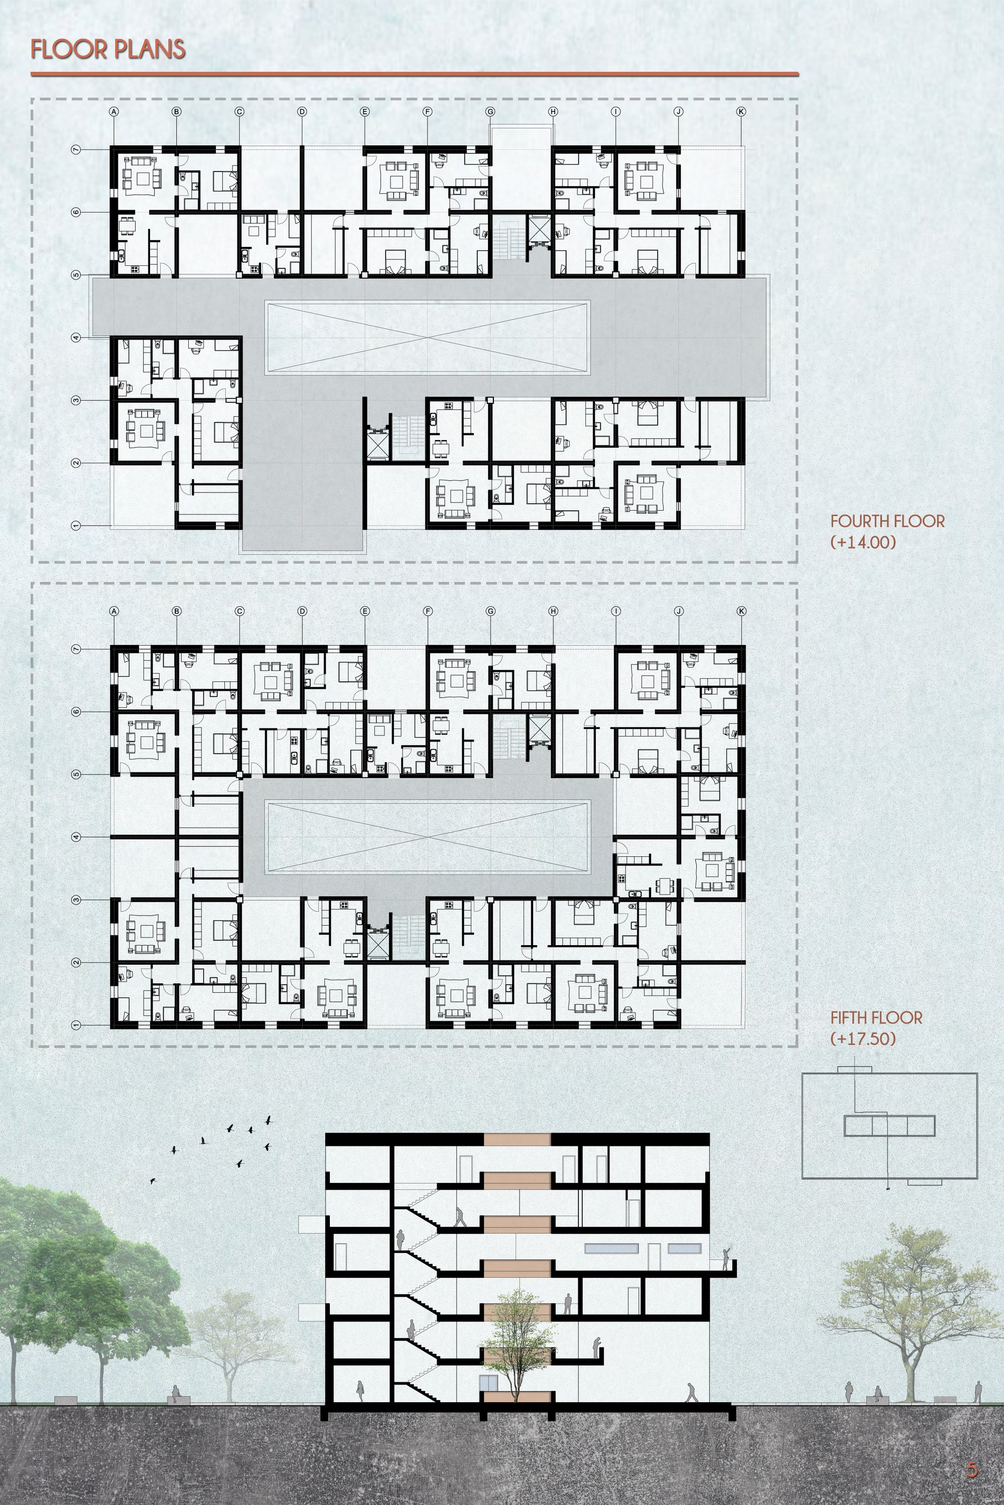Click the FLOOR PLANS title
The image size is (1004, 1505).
[x=108, y=50]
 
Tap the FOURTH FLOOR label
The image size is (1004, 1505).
[x=887, y=522]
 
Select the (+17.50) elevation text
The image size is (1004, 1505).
[x=862, y=1038]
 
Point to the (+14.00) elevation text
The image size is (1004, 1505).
[x=862, y=542]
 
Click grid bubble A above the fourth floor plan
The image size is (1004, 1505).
[x=114, y=111]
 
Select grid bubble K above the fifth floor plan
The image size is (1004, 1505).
[x=741, y=611]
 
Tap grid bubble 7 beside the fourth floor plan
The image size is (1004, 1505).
[x=76, y=149]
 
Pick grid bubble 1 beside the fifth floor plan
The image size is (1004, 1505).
[x=76, y=1025]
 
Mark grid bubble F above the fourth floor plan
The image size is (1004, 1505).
[x=428, y=111]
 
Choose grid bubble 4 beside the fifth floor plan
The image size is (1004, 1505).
[x=76, y=837]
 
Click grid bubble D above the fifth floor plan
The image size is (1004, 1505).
[x=302, y=611]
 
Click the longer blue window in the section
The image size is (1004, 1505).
[x=611, y=1249]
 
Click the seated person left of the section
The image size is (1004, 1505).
[x=175, y=1392]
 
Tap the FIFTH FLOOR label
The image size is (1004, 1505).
[x=876, y=1017]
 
